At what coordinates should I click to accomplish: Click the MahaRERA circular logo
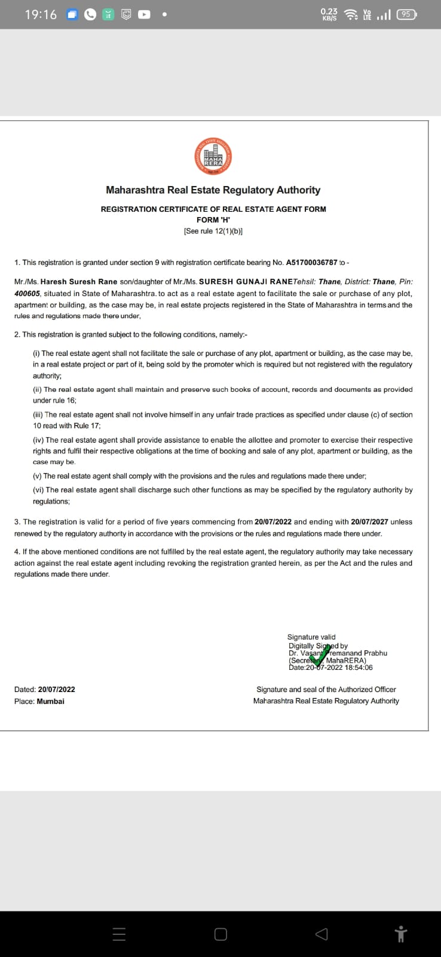[x=213, y=157]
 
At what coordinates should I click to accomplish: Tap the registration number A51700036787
[x=311, y=263]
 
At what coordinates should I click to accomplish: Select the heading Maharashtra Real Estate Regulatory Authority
[x=213, y=190]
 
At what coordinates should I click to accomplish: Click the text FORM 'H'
[x=213, y=220]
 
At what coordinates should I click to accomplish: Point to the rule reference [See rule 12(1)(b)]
[x=213, y=231]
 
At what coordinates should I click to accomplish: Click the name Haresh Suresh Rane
[x=79, y=282]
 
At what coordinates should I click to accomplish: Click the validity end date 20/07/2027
[x=369, y=522]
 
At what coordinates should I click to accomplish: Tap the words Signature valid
[x=311, y=637]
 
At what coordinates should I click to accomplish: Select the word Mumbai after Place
[x=51, y=701]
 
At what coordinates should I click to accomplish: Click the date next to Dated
[x=56, y=690]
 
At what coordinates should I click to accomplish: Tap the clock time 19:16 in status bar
[x=41, y=15]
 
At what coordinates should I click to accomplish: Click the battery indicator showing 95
[x=406, y=14]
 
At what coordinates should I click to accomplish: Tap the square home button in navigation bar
[x=220, y=934]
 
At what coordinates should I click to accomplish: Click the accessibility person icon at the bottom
[x=401, y=934]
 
